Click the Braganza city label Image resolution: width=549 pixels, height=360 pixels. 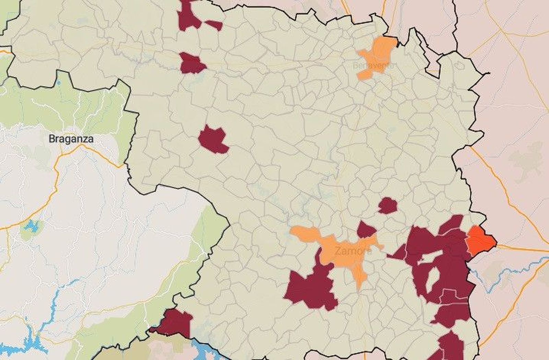pos(71,139)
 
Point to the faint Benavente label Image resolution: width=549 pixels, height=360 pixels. pos(374,65)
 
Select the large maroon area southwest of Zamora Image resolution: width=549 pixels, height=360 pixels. pos(311,288)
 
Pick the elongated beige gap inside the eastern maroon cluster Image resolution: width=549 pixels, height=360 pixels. pos(431,257)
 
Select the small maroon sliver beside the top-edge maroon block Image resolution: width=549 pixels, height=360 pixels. pos(214,25)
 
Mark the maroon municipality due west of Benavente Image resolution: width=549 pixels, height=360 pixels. pos(191,63)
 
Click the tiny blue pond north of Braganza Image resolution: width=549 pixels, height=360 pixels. pos(59,83)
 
